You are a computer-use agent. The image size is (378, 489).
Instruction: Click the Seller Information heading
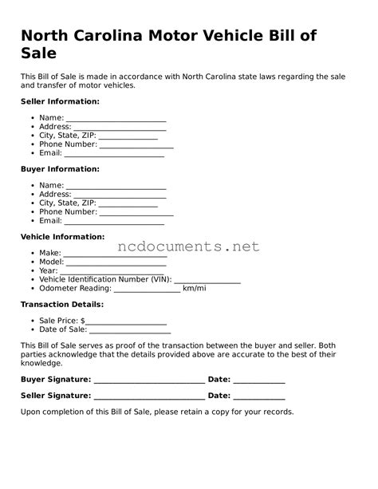[x=60, y=101]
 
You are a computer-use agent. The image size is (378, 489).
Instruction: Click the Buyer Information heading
[x=60, y=169]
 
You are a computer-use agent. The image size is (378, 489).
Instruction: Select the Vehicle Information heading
[x=62, y=237]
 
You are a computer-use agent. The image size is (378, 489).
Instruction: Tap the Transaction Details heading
[x=61, y=305]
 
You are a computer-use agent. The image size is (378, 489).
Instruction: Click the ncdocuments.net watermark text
[x=189, y=246]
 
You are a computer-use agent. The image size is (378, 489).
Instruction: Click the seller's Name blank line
[x=116, y=120]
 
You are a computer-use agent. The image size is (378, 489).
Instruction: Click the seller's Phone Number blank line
[x=136, y=147]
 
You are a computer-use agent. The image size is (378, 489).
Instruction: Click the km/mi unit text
[x=194, y=288]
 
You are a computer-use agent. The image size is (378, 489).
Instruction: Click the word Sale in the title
[x=38, y=54]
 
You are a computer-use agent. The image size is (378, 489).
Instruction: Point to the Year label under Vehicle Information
[x=48, y=270]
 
